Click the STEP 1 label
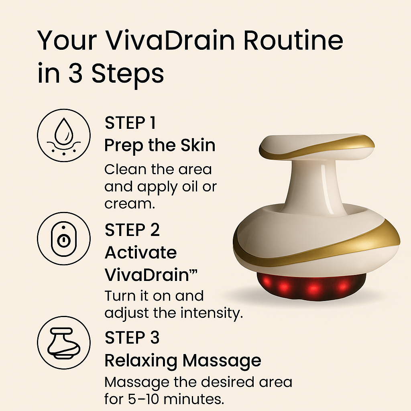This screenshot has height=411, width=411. click(x=130, y=123)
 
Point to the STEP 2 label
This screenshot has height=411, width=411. click(x=132, y=230)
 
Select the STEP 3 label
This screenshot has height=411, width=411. click(x=132, y=338)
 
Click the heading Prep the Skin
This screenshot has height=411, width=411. click(x=160, y=146)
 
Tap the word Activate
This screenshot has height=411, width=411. click(x=140, y=253)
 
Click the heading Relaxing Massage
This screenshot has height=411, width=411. click(x=183, y=361)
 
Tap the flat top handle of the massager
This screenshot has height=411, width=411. click(x=311, y=146)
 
